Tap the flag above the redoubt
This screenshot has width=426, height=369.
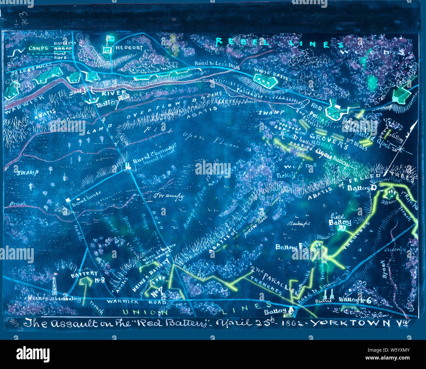pos(108,39)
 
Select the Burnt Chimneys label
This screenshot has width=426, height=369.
pos(154,154)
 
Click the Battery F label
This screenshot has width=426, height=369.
pos(288,247)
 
